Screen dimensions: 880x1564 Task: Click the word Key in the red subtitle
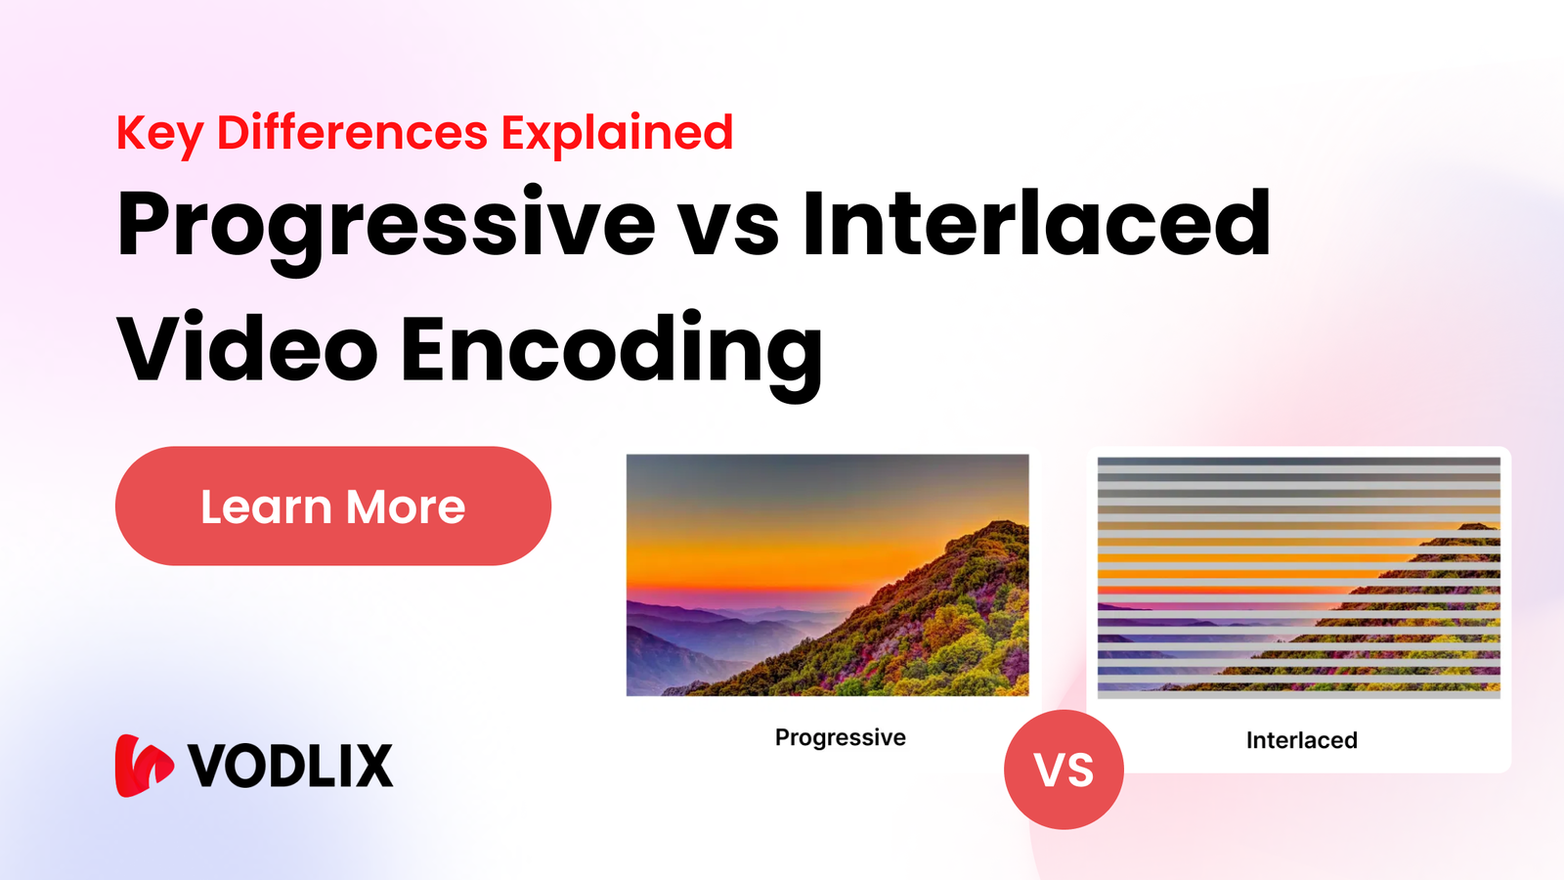coord(159,134)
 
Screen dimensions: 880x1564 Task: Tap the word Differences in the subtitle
coord(352,132)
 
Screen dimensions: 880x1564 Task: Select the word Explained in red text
coord(617,134)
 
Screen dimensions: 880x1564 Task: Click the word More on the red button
coord(406,507)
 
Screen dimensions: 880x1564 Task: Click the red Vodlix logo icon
coord(143,766)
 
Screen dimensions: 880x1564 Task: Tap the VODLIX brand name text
coord(290,766)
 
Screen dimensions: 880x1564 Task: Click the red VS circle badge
coord(1064,770)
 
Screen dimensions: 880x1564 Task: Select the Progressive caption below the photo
coord(840,737)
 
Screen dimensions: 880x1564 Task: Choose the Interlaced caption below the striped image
coord(1301,740)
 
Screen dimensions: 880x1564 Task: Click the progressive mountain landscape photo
coord(827,575)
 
